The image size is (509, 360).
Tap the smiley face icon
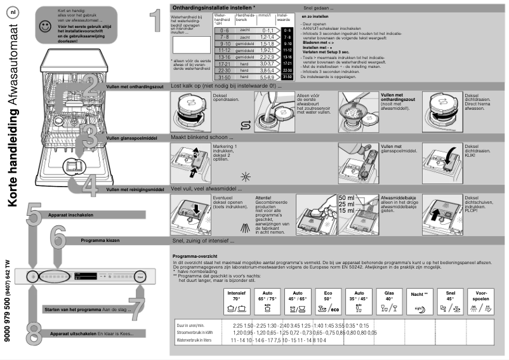pos(44,27)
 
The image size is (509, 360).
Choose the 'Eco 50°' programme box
pos(327,302)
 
